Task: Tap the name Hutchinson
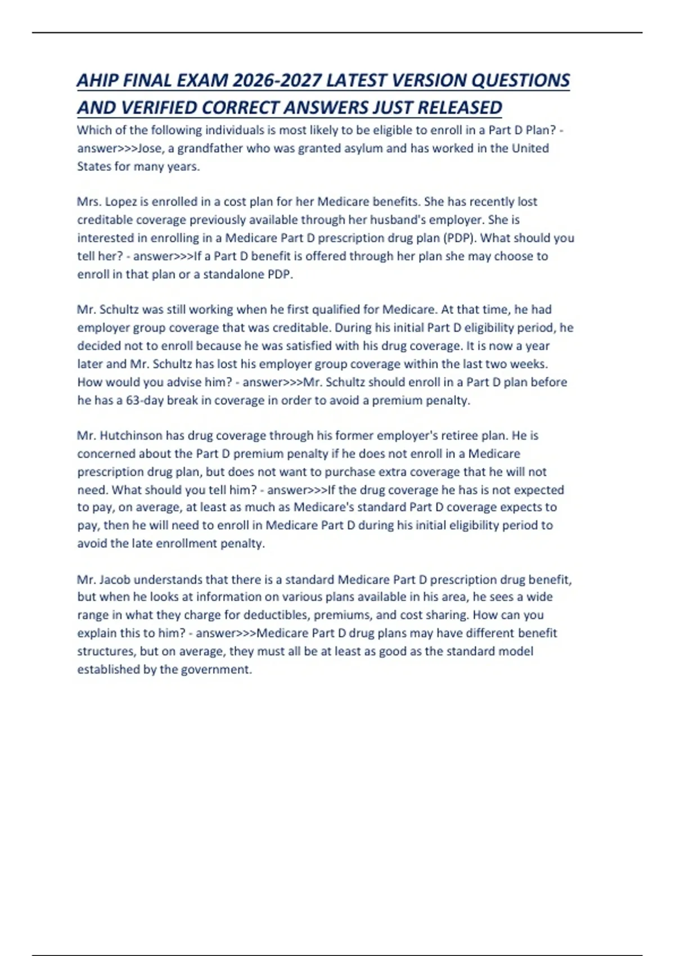(x=131, y=436)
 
